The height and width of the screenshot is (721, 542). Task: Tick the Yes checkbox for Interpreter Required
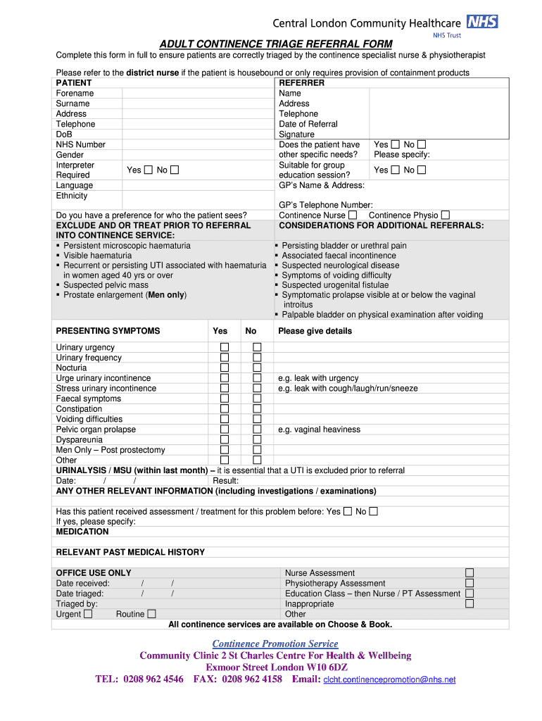point(149,170)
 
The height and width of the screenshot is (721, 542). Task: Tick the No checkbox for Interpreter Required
point(175,170)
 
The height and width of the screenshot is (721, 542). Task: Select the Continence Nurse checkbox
point(353,215)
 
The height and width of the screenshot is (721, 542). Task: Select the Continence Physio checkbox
point(445,215)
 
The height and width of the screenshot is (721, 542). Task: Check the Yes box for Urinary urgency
point(225,348)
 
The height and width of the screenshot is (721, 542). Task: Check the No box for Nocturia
point(257,368)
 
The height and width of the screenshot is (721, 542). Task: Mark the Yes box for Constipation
point(225,409)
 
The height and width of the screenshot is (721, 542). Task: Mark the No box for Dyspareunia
point(257,440)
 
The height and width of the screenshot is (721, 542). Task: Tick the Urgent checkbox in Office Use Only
point(88,614)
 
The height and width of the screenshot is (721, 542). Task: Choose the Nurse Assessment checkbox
point(469,573)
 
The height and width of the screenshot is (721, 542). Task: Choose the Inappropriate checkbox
point(469,603)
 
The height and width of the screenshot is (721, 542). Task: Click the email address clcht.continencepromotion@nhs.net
point(389,679)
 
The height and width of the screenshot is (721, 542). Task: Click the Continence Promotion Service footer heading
point(275,644)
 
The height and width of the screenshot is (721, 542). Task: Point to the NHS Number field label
point(81,144)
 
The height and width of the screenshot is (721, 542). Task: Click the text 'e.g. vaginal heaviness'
point(319,430)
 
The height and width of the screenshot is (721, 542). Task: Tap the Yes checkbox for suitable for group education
point(395,170)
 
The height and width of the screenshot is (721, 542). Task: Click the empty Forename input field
point(197,93)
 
